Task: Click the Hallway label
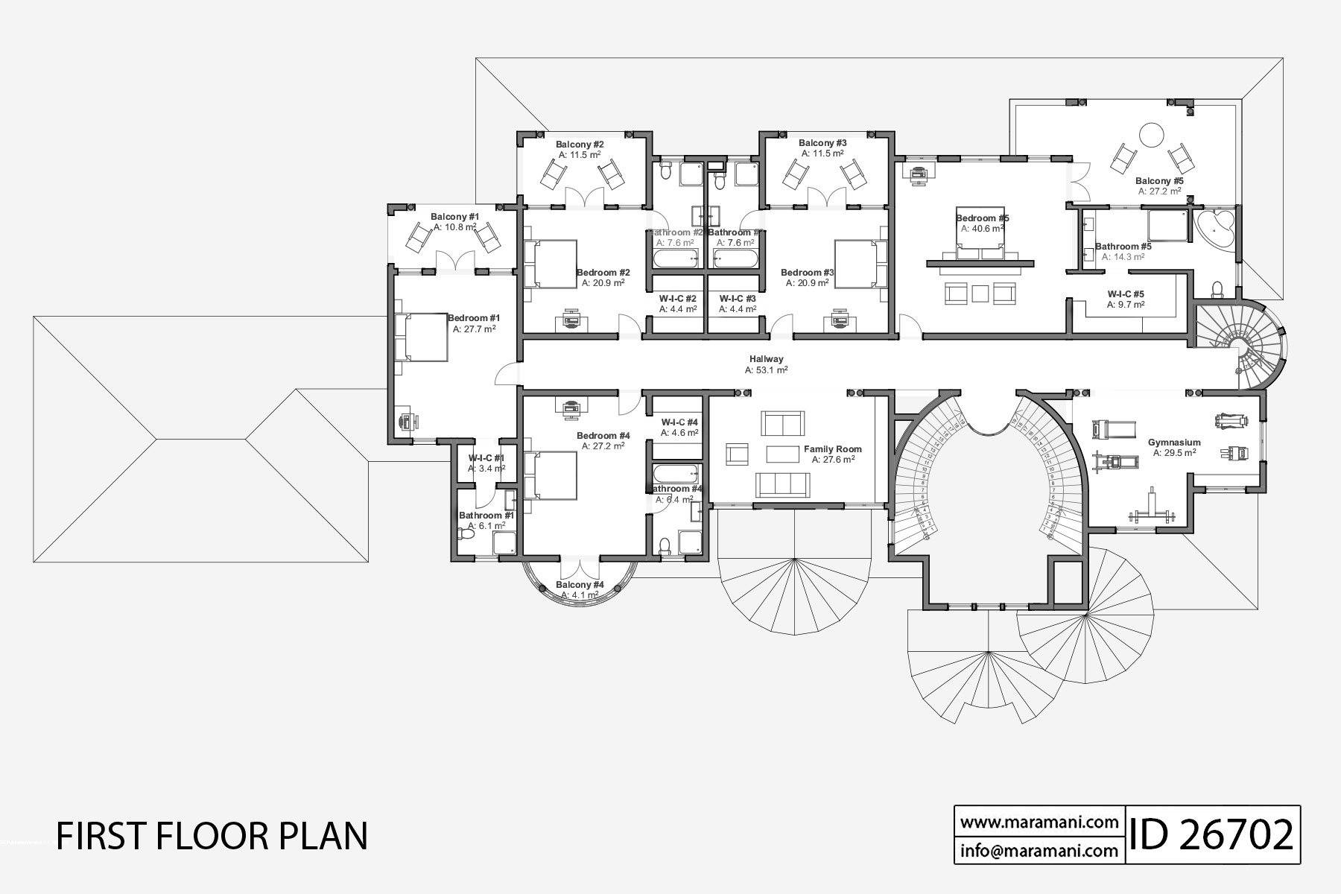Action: [x=766, y=359]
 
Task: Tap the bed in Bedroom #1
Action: [x=422, y=337]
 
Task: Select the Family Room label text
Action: [x=832, y=449]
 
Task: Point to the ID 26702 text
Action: [x=1212, y=834]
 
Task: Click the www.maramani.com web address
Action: [x=1039, y=822]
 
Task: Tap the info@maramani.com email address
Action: [x=1039, y=850]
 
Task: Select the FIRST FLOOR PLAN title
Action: [x=212, y=836]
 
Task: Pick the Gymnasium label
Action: [x=1174, y=442]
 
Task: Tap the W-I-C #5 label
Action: [x=1126, y=294]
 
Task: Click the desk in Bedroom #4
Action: [x=571, y=406]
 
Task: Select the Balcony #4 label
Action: [x=580, y=585]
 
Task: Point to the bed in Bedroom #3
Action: [x=859, y=263]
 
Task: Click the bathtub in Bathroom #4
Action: [x=675, y=474]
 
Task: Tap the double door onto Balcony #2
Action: [x=583, y=197]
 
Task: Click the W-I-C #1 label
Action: [x=486, y=458]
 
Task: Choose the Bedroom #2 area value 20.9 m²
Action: [x=603, y=283]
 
